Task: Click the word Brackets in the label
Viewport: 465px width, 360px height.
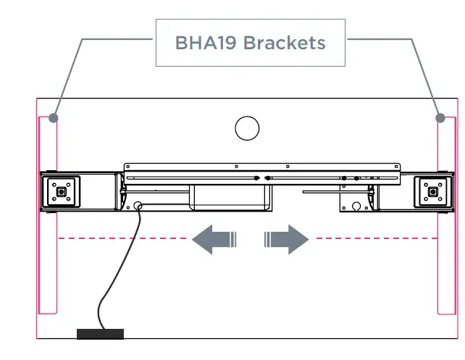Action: (284, 43)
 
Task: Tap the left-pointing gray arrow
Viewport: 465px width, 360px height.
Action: (212, 239)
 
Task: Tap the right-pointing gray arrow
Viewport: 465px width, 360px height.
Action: (288, 239)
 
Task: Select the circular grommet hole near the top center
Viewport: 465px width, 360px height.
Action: (247, 128)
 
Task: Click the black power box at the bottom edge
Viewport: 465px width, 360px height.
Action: (100, 333)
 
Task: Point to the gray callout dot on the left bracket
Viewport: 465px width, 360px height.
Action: (54, 118)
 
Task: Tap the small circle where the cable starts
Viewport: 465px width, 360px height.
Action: (137, 206)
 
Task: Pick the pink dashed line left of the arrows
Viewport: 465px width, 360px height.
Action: (123, 238)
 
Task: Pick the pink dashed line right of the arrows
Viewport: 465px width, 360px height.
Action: (373, 238)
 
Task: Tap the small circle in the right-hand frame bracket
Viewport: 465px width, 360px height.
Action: (356, 206)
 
